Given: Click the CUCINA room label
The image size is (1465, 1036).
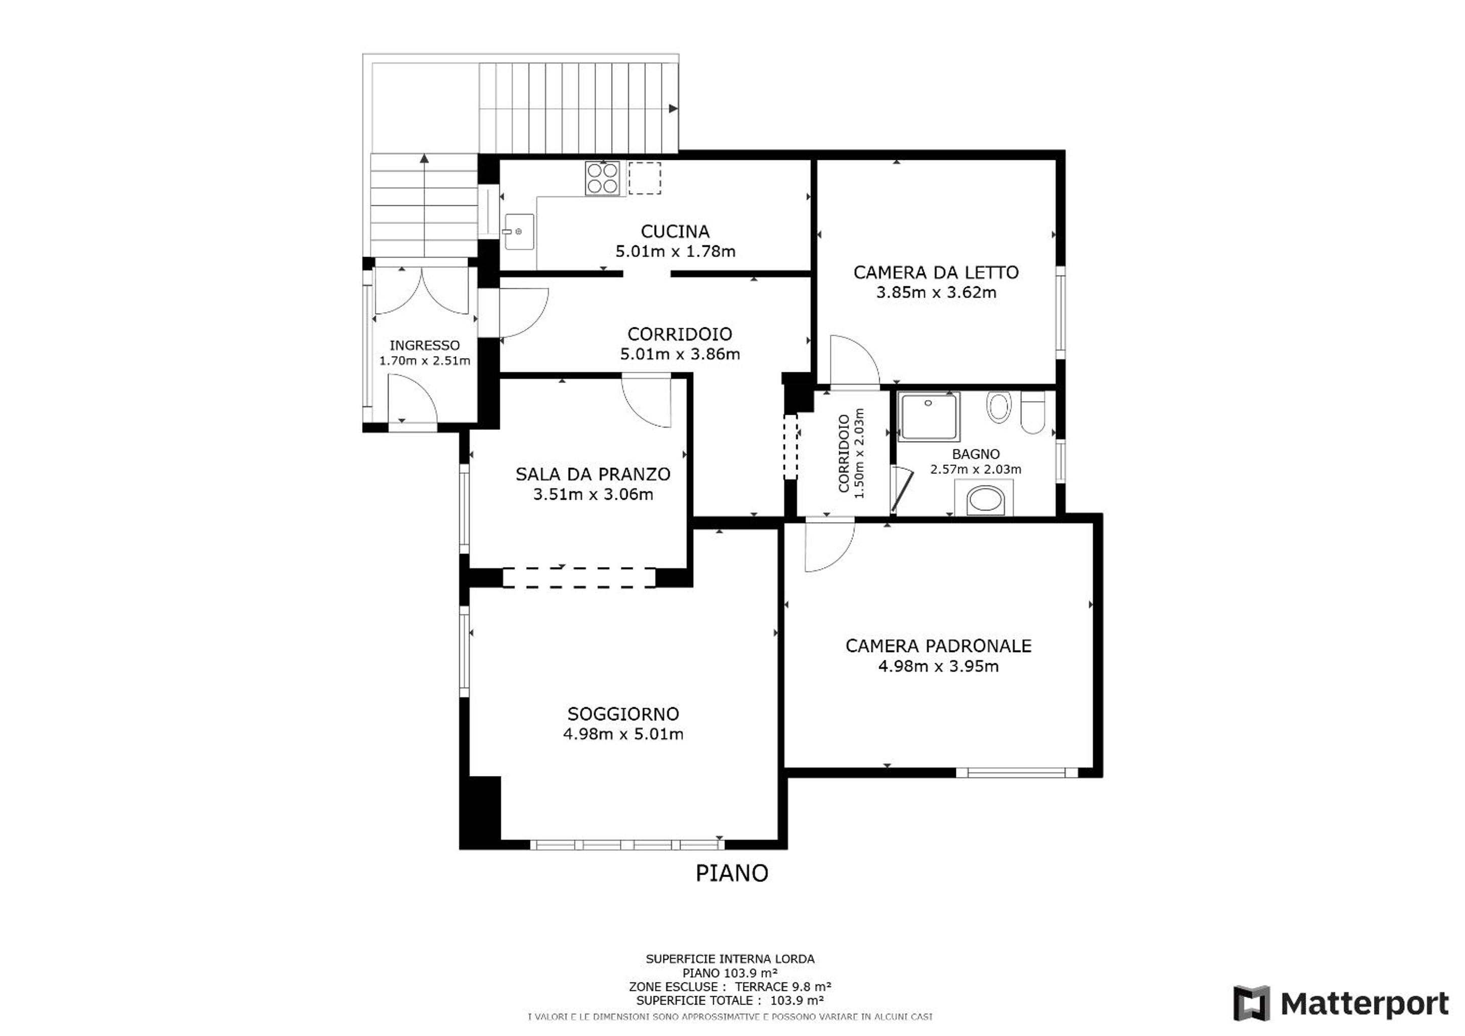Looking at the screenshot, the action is coord(675,232).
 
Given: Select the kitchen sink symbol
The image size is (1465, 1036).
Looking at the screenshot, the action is coord(519,232).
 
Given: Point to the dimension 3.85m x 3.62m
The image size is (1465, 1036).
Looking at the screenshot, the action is coord(936,293).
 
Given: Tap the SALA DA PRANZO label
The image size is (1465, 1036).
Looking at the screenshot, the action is coord(593,474).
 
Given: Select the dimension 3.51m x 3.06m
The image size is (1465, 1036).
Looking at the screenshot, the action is coord(593,494).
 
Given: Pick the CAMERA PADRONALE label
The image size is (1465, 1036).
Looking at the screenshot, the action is coord(939,646).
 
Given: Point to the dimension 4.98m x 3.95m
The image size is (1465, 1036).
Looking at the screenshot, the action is coord(939,667).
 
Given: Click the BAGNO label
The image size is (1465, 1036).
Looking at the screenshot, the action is coord(976,454).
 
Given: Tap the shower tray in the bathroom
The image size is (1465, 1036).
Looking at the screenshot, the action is coord(929,416).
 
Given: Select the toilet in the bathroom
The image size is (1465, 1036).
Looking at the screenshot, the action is coord(1032,412).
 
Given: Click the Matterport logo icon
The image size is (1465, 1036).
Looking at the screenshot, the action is coord(1251,1004).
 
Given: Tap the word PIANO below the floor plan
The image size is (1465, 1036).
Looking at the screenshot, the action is coord(732,873).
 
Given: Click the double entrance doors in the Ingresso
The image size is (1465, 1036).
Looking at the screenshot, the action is coord(422,290).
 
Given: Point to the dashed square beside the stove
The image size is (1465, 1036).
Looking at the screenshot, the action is coord(644,178).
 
